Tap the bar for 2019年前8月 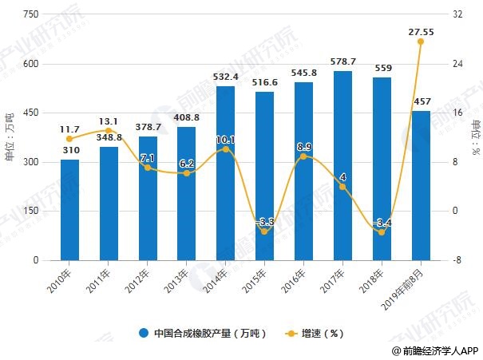point(420,186)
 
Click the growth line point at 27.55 point(421,42)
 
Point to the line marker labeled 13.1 point(109,130)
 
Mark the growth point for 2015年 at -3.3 point(265,231)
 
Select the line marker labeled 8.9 point(303,156)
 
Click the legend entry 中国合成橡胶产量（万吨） point(204,333)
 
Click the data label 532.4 point(225,77)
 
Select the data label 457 point(421,101)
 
